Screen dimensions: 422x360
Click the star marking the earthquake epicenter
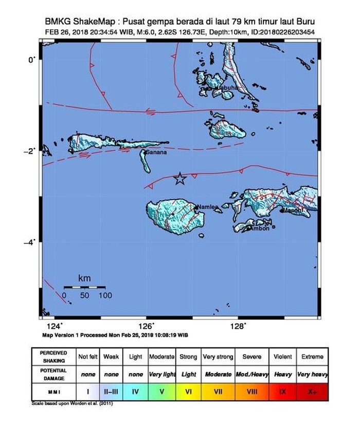coord(180,179)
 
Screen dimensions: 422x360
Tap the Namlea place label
coord(207,207)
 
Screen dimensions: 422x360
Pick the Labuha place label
coord(227,88)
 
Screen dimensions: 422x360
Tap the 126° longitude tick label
coord(147,325)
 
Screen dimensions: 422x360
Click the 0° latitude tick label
coord(33,60)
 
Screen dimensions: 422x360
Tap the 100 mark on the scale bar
coord(105,295)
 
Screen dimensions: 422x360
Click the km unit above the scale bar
coord(84,278)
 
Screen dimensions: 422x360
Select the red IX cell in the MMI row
coord(282,392)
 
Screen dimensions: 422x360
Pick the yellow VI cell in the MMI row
coord(188,392)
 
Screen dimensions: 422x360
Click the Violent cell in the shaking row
coord(282,356)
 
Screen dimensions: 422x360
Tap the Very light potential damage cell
coord(161,374)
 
